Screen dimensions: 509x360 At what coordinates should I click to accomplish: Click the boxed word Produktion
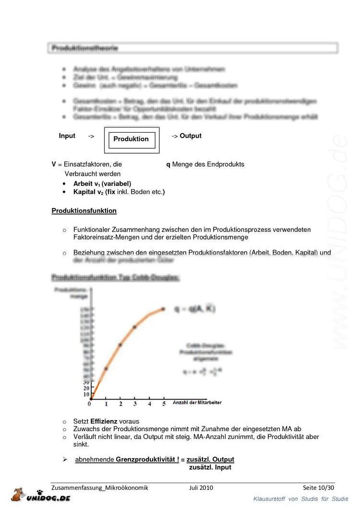131,139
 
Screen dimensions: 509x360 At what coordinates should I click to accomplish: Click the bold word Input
67,136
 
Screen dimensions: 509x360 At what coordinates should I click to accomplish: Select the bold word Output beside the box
191,136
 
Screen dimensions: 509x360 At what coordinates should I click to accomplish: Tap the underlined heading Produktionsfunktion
84,211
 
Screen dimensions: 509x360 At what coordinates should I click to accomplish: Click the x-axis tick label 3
135,404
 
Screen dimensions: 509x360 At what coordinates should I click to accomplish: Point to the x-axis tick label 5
164,404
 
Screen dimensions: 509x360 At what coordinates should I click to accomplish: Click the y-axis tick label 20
86,388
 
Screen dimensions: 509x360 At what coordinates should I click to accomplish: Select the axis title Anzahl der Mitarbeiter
197,402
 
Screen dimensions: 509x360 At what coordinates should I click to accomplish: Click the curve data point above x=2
120,345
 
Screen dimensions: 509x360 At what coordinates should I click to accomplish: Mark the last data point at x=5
163,309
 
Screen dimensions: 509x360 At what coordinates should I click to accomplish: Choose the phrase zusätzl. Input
210,467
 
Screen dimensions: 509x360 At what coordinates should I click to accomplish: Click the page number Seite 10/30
318,488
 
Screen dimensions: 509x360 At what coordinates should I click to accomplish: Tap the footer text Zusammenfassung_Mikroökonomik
100,488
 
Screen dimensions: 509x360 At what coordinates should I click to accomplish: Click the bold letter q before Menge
168,164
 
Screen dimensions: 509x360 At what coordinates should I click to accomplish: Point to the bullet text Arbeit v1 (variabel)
102,184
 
